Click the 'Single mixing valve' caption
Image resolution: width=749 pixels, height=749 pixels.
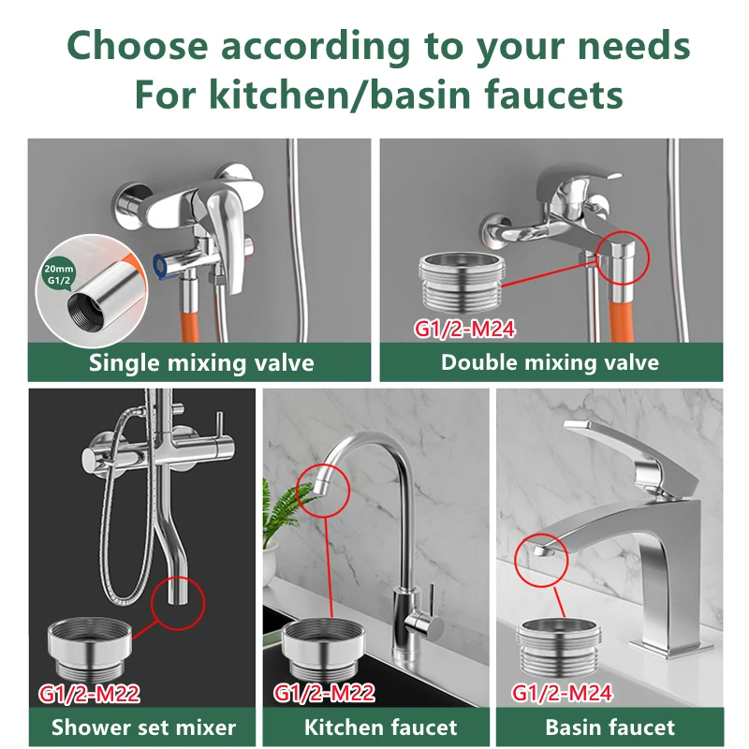point(201,362)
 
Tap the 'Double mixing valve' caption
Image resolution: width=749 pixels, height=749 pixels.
point(550,362)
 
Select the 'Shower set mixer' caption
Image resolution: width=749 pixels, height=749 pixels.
point(143,727)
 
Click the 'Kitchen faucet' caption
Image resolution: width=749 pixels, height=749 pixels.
point(380,727)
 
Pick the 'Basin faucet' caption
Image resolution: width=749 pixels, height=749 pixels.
point(609,727)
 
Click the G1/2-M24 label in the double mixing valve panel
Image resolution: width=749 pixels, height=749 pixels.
point(465,330)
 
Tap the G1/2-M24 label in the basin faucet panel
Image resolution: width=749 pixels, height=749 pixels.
point(563,694)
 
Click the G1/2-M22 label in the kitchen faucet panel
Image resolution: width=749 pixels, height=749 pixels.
point(325,694)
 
